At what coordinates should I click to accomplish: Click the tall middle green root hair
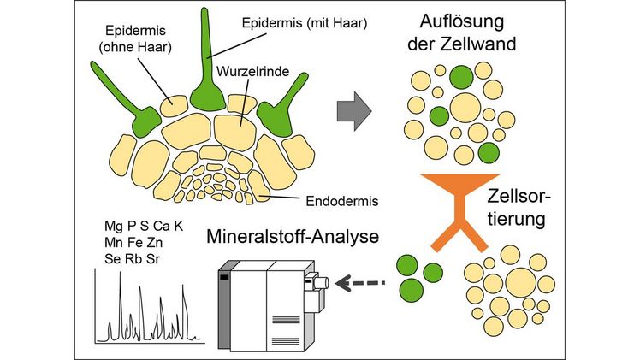pos(204,68)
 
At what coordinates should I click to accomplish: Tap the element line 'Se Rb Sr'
pos(132,257)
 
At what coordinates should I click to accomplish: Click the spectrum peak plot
pos(151,312)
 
